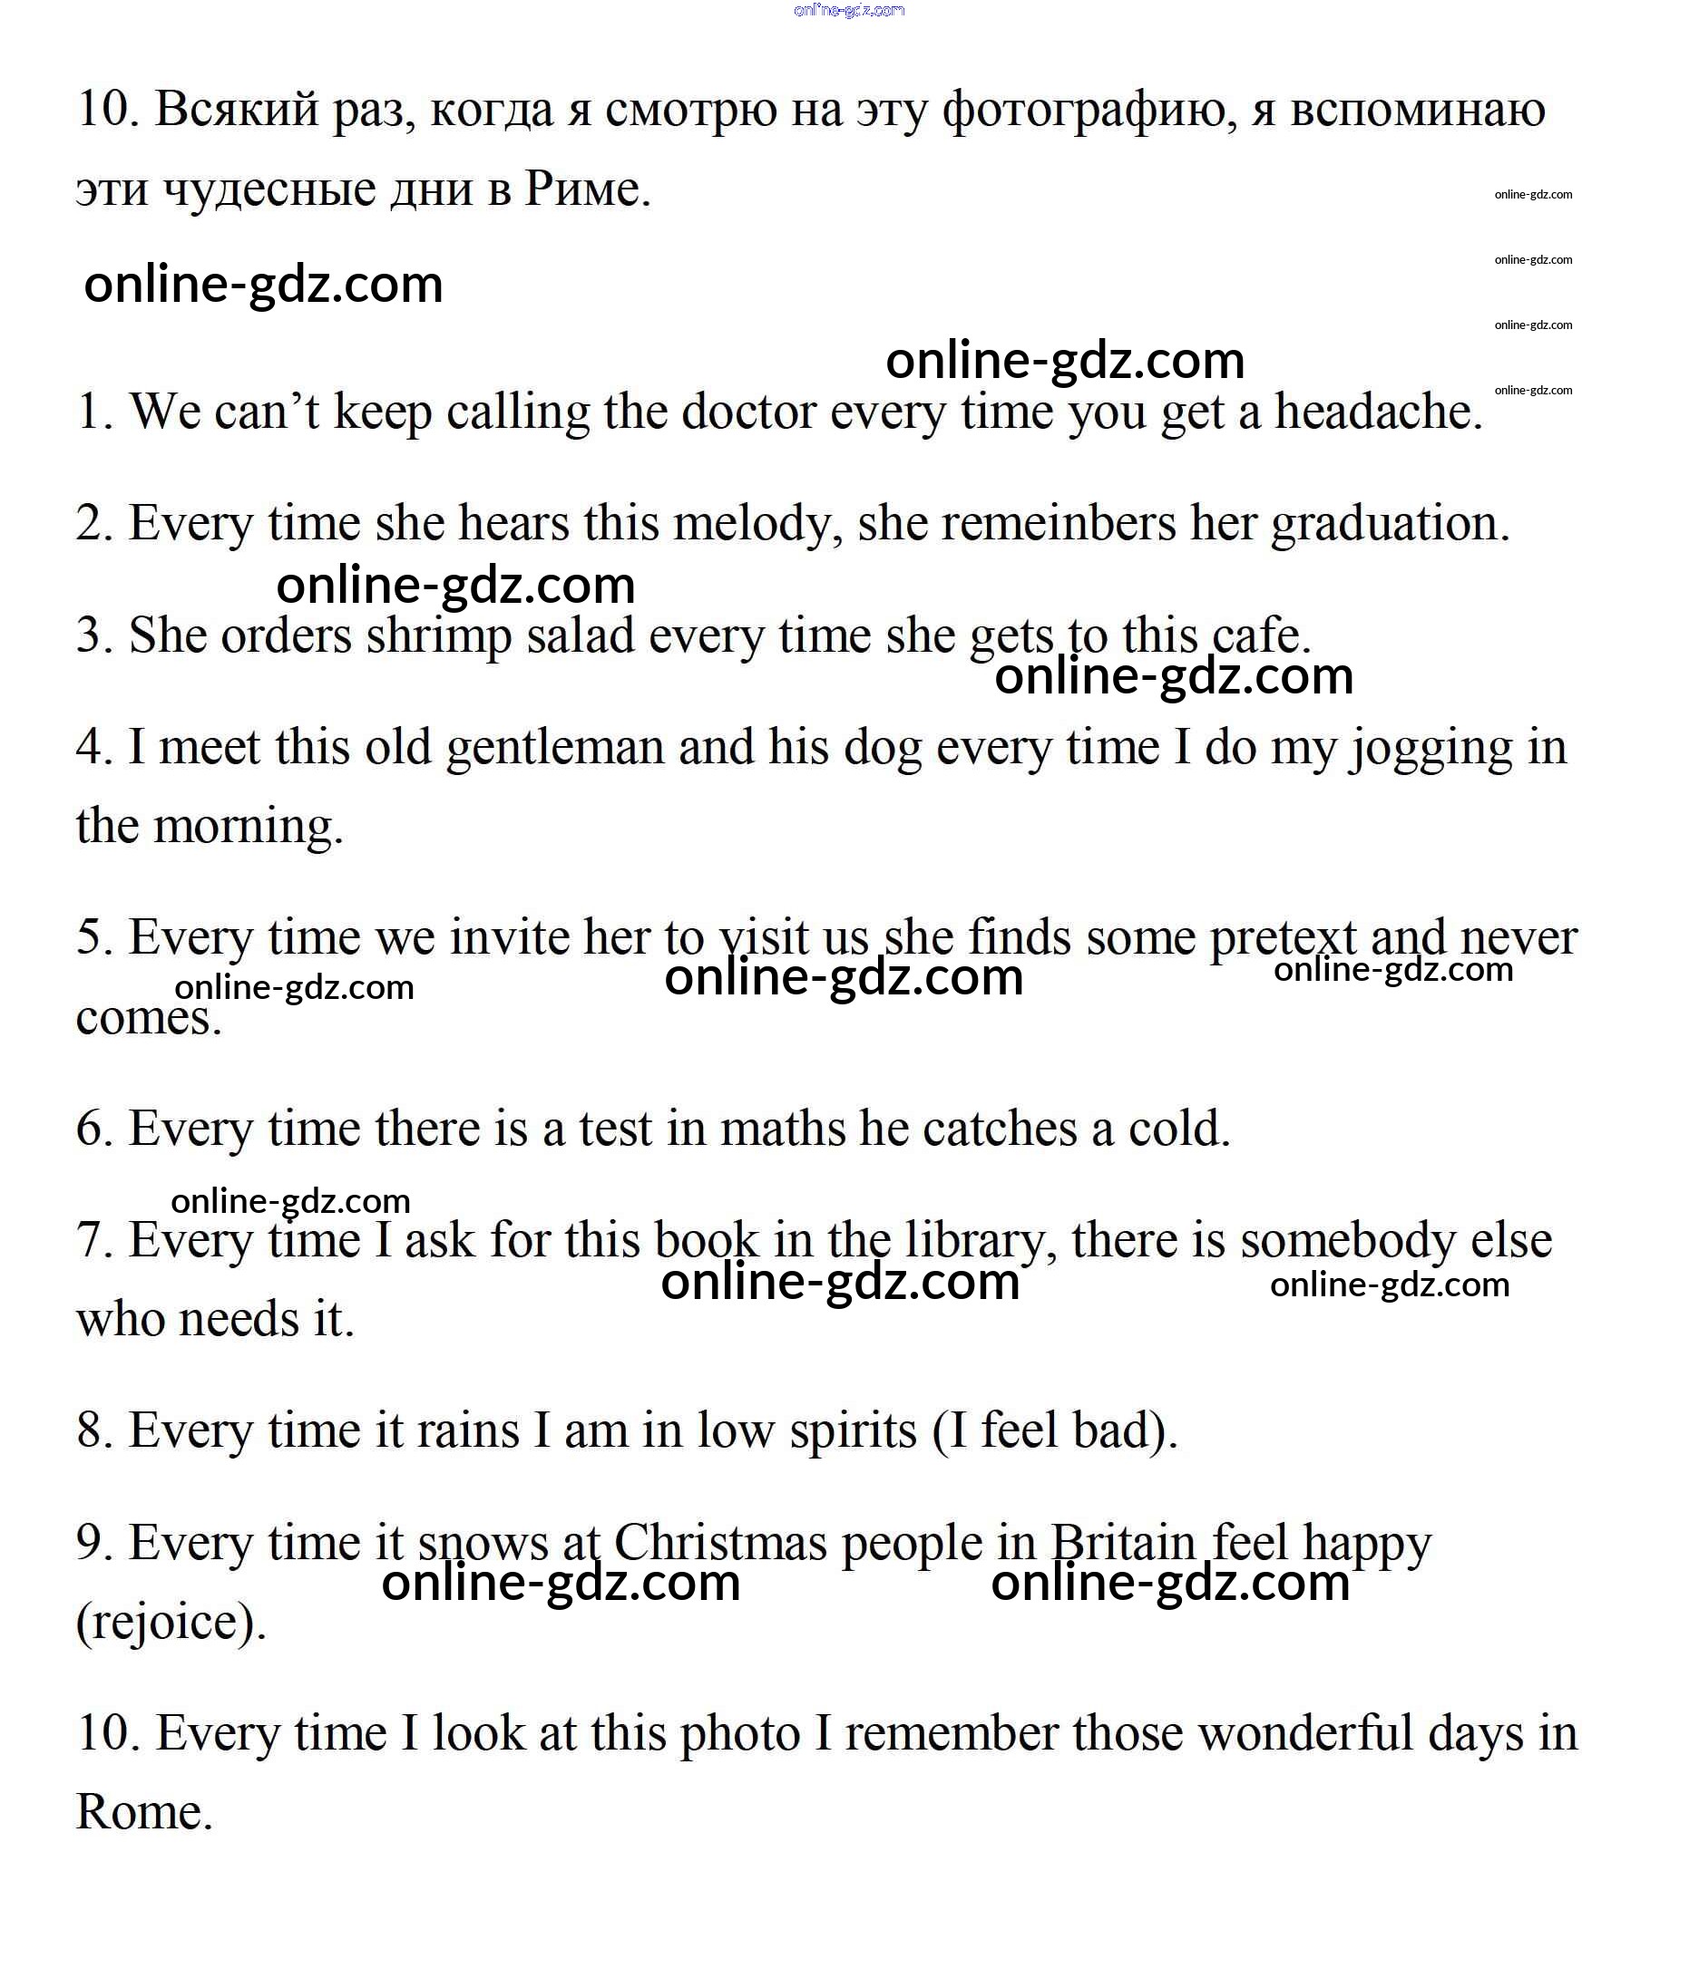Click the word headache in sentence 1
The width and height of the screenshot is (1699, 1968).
tap(1378, 412)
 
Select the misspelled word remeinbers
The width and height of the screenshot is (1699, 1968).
tap(1058, 523)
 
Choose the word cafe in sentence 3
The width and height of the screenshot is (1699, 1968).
tap(1260, 635)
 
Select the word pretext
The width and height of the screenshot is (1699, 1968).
tap(1282, 938)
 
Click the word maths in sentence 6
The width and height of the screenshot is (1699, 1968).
tap(782, 1129)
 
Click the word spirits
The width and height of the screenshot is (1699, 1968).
tap(853, 1430)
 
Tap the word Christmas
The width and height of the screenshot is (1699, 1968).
tap(720, 1543)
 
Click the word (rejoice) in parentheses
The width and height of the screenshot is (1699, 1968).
tap(171, 1623)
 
